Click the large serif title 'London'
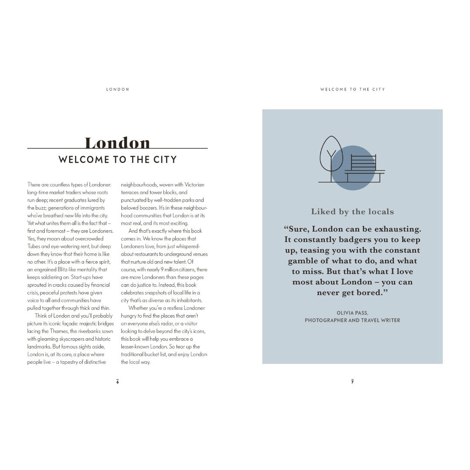click(x=117, y=142)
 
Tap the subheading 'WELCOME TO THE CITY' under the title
click(x=117, y=160)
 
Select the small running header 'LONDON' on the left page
click(x=117, y=89)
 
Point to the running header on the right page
click(x=352, y=89)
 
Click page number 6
click(x=117, y=382)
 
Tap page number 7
click(x=352, y=382)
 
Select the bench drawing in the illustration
click(x=364, y=168)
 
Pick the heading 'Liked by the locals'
click(x=352, y=212)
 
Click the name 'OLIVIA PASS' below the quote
click(x=352, y=313)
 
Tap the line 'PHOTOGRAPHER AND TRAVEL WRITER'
click(x=352, y=320)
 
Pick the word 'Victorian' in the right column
click(x=194, y=185)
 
